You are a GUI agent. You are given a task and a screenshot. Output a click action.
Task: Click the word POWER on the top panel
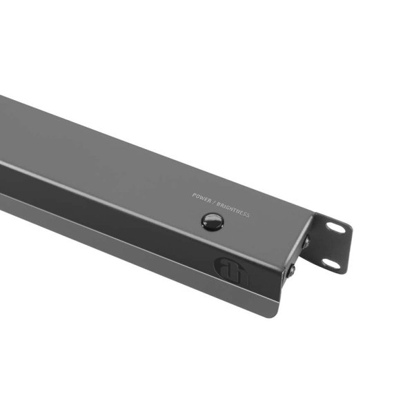[x=201, y=198]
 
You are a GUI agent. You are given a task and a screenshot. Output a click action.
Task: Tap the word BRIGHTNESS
[x=233, y=209]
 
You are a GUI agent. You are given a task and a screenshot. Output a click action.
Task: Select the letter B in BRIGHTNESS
[x=217, y=204]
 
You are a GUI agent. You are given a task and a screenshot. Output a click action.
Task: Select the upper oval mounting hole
[x=337, y=227]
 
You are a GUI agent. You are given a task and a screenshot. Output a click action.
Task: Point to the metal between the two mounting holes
[x=334, y=246]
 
